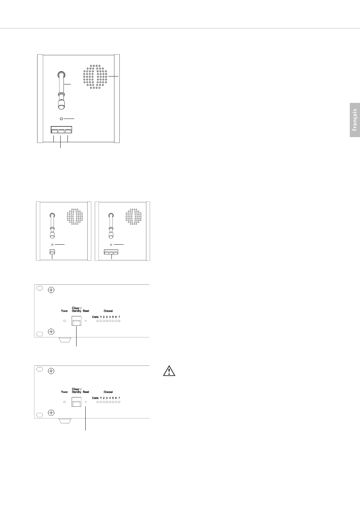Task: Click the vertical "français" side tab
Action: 355,120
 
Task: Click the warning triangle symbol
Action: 169,371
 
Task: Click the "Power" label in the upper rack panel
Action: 64,311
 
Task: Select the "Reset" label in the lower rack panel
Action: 86,392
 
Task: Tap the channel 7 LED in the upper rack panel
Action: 119,321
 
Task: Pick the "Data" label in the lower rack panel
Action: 95,398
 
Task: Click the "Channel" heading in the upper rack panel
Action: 108,311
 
